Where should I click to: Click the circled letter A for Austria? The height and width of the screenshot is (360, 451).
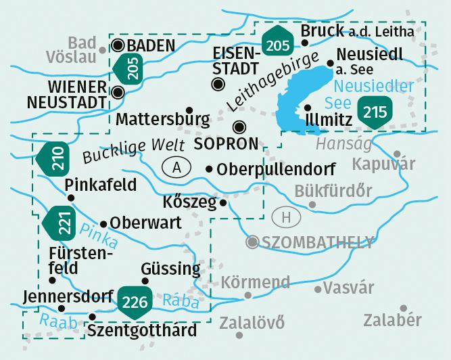177,168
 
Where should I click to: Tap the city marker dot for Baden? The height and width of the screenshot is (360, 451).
118,46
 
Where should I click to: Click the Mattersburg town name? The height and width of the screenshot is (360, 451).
163,119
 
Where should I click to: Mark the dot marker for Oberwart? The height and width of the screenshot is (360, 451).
103,223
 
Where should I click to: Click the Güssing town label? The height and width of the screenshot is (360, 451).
171,268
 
